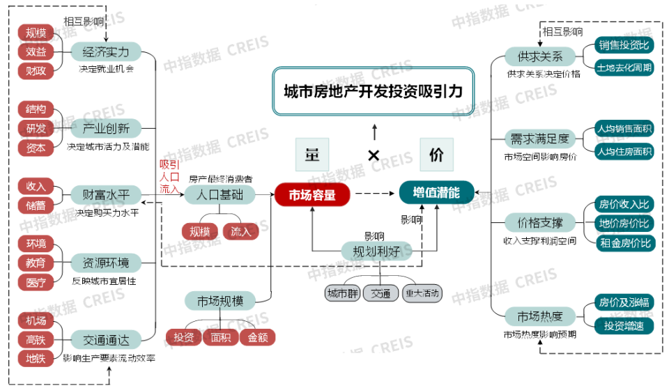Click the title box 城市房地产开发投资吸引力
point(373,91)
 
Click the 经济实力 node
point(106,52)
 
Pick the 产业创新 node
point(106,128)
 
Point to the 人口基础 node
point(220,194)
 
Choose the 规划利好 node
point(376,251)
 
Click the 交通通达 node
point(106,340)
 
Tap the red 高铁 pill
point(36,340)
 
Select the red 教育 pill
point(36,263)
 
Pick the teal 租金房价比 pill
point(624,243)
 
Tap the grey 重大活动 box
point(422,293)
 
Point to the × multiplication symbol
point(374,155)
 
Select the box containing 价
point(436,155)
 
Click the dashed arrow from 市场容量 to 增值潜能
point(374,194)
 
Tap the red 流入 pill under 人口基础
point(241,231)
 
